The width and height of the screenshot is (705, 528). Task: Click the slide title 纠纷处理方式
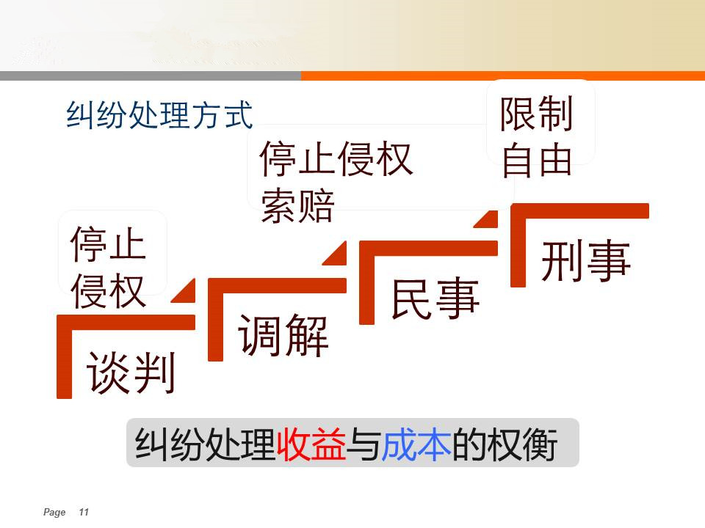point(159,115)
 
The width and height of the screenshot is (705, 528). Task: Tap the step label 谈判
point(131,373)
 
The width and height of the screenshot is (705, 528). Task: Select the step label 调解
point(283,335)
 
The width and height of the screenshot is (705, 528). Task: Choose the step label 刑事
point(586,260)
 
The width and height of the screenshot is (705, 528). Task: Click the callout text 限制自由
point(536,136)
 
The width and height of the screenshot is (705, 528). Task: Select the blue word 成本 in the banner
point(416,444)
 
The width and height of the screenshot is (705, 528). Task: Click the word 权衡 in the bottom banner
point(522,444)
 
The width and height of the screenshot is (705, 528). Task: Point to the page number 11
point(84,513)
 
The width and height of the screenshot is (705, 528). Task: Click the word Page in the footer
point(54,513)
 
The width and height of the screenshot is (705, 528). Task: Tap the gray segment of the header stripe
point(151,76)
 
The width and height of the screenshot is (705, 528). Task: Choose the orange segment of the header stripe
point(503,76)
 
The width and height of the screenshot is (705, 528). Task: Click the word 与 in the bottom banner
point(364,444)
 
